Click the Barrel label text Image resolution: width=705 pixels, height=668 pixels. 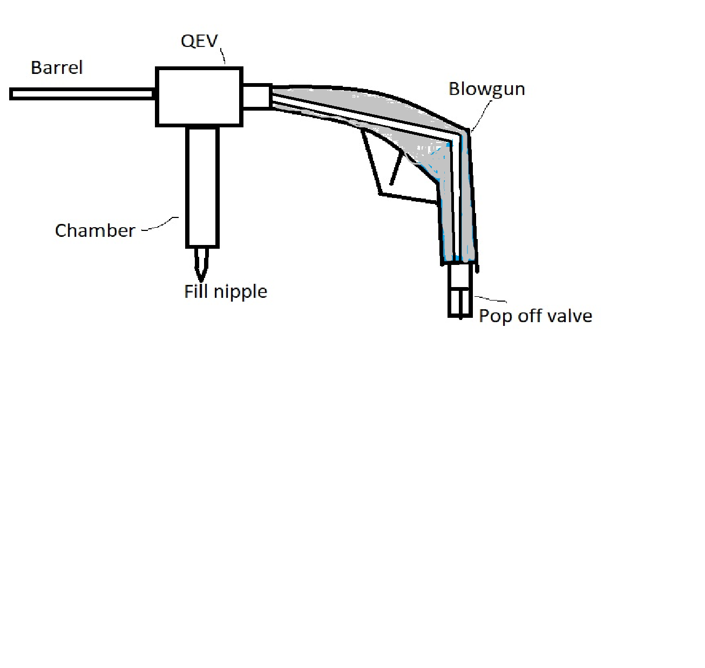pyautogui.click(x=57, y=68)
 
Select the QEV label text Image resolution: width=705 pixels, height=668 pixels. pyautogui.click(x=199, y=41)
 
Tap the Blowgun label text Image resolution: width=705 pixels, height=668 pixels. pyautogui.click(x=486, y=89)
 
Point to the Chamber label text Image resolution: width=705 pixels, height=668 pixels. pyautogui.click(x=95, y=231)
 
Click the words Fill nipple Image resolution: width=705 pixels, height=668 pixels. pyautogui.click(x=226, y=292)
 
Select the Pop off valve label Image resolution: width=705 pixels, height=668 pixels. pyautogui.click(x=535, y=316)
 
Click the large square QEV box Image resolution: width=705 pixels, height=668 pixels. pyautogui.click(x=199, y=97)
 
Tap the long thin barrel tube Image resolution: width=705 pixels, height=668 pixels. pyautogui.click(x=81, y=94)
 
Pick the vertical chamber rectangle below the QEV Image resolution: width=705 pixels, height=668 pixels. pyautogui.click(x=202, y=186)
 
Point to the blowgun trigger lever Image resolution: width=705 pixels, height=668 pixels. pyautogui.click(x=396, y=167)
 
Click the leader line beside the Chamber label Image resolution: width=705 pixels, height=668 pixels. pyautogui.click(x=160, y=226)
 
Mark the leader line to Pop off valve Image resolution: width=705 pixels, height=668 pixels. pyautogui.click(x=491, y=299)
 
